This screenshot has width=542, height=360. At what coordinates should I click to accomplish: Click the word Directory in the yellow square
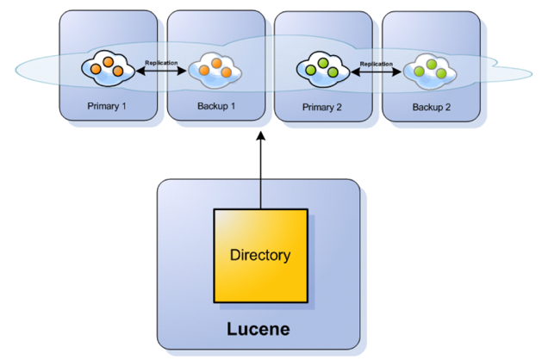point(259,255)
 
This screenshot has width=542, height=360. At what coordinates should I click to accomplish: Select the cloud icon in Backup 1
point(214,68)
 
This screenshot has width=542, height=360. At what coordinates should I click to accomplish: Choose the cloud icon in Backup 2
point(429,68)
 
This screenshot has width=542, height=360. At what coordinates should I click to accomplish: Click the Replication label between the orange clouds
point(160,63)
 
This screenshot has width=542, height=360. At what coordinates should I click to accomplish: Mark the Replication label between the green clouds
point(377,63)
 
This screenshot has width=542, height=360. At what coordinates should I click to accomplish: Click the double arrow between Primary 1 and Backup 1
point(160,72)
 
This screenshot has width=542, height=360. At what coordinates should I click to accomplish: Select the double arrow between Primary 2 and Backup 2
point(376,72)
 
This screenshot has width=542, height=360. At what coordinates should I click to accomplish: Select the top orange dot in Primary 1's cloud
point(108,61)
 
